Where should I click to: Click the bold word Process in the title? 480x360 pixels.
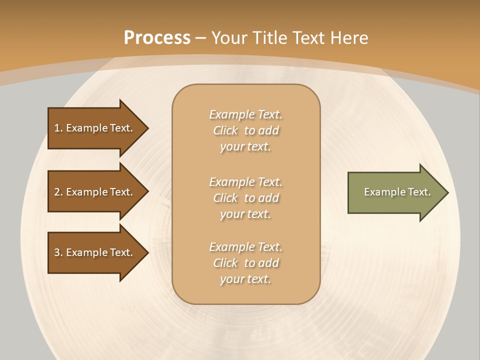coord(157,38)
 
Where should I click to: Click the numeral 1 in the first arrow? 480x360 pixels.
coord(57,128)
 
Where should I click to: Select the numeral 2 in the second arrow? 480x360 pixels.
coord(57,192)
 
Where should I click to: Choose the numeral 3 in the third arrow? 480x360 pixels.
coord(57,252)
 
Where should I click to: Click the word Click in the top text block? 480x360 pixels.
coord(225,130)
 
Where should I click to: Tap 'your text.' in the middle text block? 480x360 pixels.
coord(245,214)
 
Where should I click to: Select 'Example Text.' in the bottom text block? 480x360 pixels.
coord(245,247)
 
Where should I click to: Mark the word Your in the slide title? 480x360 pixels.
coord(230,38)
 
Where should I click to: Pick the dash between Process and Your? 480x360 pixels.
coord(201,38)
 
